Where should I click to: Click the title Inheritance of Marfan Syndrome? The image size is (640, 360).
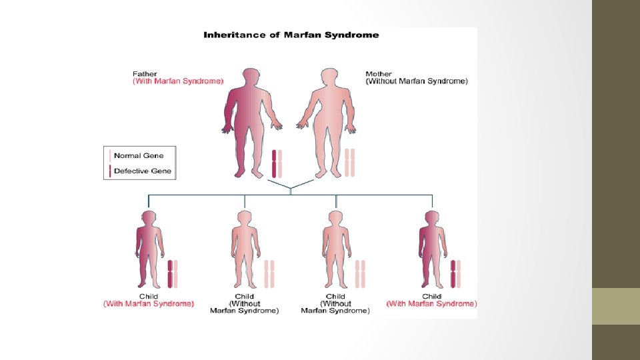click(291, 35)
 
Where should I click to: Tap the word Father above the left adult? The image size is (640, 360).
click(145, 73)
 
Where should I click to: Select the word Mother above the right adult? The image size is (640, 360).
click(379, 73)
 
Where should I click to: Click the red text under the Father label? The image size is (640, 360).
click(178, 81)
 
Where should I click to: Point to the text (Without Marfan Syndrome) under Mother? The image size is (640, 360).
click(417, 81)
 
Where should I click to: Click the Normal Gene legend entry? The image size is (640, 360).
click(139, 155)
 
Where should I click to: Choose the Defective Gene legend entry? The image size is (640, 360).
click(142, 171)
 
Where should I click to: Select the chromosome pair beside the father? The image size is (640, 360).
click(277, 163)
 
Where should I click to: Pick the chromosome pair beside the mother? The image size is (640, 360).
click(349, 163)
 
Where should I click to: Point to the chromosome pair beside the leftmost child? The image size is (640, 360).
click(174, 274)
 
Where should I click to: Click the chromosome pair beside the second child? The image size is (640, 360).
click(269, 274)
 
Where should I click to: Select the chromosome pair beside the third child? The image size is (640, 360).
click(360, 274)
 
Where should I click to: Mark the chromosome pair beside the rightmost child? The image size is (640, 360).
click(456, 274)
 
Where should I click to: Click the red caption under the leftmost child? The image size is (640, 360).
click(149, 303)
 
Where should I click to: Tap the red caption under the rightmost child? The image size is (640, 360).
click(432, 303)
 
